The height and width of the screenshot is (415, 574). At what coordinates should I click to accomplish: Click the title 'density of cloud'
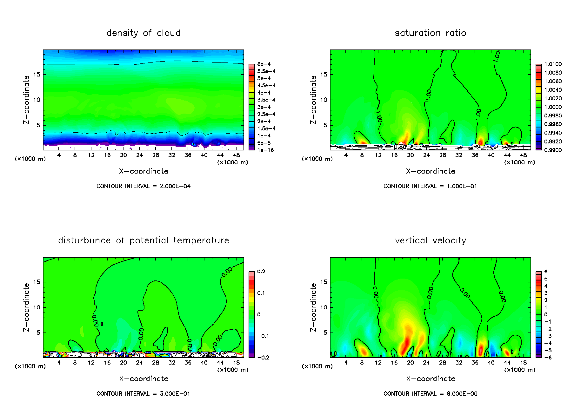(143, 33)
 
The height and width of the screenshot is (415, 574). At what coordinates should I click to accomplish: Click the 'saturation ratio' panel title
(430, 33)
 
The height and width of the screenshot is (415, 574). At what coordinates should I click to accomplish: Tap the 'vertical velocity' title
(430, 240)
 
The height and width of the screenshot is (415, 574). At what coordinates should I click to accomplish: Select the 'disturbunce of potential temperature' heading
(143, 240)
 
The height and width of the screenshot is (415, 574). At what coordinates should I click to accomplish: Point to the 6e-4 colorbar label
(264, 64)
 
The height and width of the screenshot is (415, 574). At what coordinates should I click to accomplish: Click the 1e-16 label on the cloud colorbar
(265, 150)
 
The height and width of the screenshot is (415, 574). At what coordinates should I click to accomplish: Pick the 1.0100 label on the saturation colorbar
(553, 64)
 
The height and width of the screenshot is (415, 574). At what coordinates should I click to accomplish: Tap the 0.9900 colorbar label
(553, 150)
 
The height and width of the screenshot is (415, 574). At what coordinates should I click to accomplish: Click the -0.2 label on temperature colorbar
(263, 358)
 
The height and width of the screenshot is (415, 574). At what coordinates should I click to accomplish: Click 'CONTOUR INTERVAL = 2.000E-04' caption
(143, 186)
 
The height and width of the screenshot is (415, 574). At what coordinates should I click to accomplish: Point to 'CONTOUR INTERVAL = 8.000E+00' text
(430, 394)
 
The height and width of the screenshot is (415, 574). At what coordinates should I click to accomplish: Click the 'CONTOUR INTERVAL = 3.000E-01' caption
(143, 394)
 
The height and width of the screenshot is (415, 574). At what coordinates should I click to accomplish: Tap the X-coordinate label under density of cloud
(143, 171)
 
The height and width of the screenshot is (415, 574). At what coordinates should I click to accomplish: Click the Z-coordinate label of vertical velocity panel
(313, 307)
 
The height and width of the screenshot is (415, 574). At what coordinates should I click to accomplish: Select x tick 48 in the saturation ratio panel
(523, 155)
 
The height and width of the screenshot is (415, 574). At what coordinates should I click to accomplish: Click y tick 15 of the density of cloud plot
(37, 75)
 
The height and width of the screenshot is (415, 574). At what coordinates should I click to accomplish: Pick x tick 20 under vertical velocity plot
(410, 363)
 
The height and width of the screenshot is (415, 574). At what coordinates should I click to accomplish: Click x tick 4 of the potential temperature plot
(59, 363)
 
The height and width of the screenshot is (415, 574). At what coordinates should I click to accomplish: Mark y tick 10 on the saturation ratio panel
(324, 100)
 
